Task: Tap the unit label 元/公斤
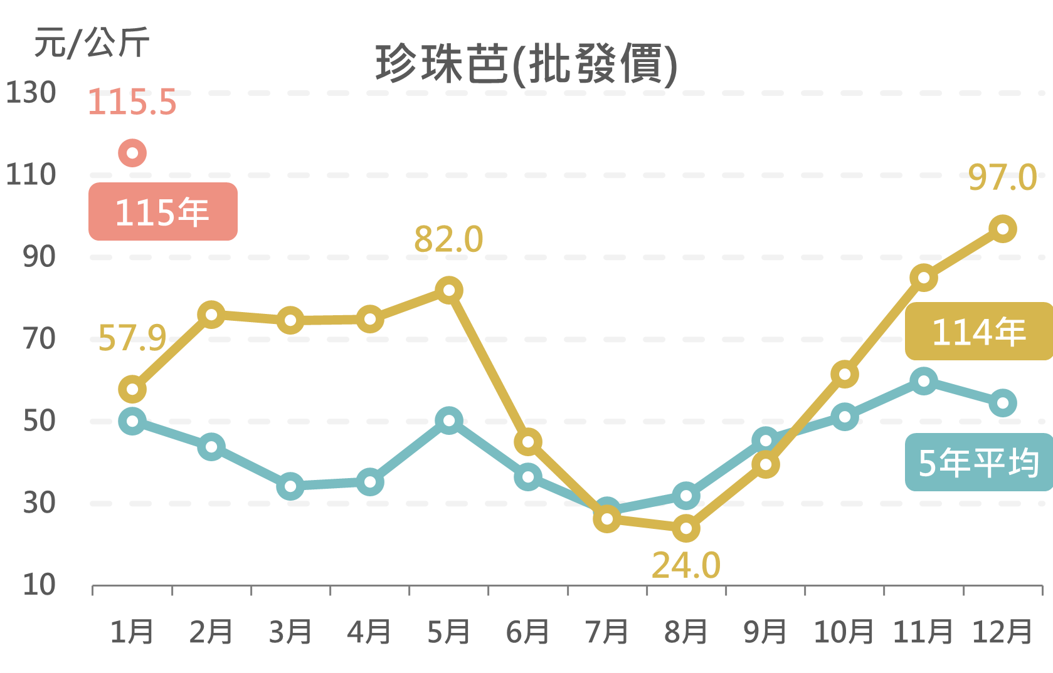pyautogui.click(x=92, y=43)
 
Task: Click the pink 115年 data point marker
pyautogui.click(x=132, y=153)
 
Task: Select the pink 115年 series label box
pyautogui.click(x=163, y=212)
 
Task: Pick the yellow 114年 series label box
pyautogui.click(x=978, y=331)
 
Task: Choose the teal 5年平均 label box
pyautogui.click(x=978, y=462)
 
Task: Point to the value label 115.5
pyautogui.click(x=132, y=102)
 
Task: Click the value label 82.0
pyautogui.click(x=448, y=239)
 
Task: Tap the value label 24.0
pyautogui.click(x=685, y=566)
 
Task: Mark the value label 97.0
pyautogui.click(x=1002, y=177)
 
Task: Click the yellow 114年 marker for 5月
pyautogui.click(x=449, y=290)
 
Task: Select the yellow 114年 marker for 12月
pyautogui.click(x=1002, y=229)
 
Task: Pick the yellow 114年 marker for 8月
pyautogui.click(x=686, y=528)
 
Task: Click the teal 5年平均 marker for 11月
pyautogui.click(x=923, y=381)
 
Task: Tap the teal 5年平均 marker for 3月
pyautogui.click(x=290, y=486)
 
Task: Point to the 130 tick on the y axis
pyautogui.click(x=31, y=93)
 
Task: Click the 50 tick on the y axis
pyautogui.click(x=39, y=421)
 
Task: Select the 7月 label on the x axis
pyautogui.click(x=606, y=632)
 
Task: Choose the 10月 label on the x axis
pyautogui.click(x=844, y=632)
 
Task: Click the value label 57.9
pyautogui.click(x=132, y=338)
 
